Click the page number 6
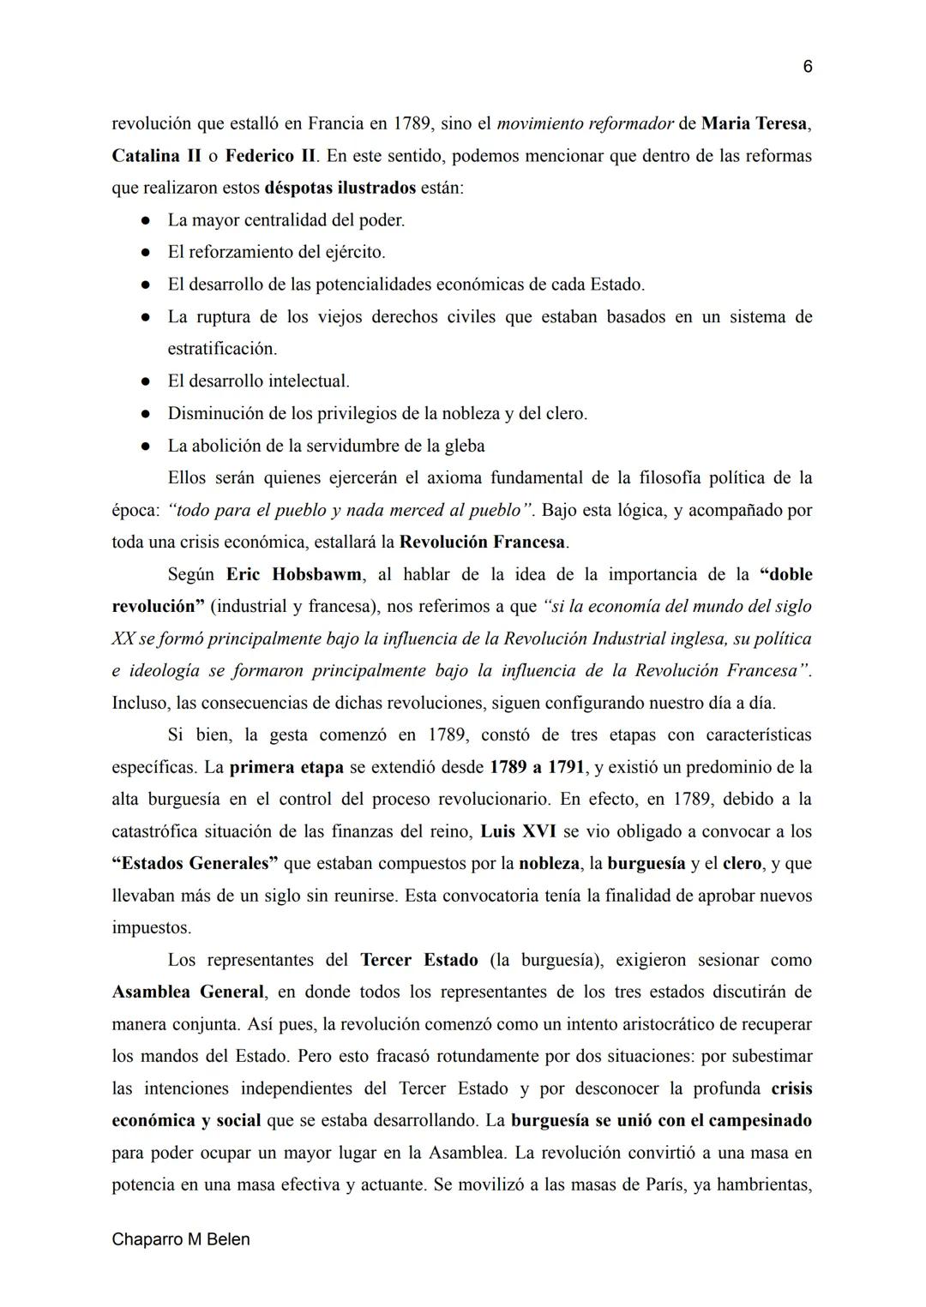coord(807,67)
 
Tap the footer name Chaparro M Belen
coord(181,1239)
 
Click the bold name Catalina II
coord(157,156)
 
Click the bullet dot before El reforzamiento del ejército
coord(147,253)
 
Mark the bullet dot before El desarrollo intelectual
coord(147,381)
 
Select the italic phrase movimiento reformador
coord(585,123)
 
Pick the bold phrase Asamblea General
coord(188,992)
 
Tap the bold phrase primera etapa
coord(286,767)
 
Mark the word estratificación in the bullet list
coord(222,349)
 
